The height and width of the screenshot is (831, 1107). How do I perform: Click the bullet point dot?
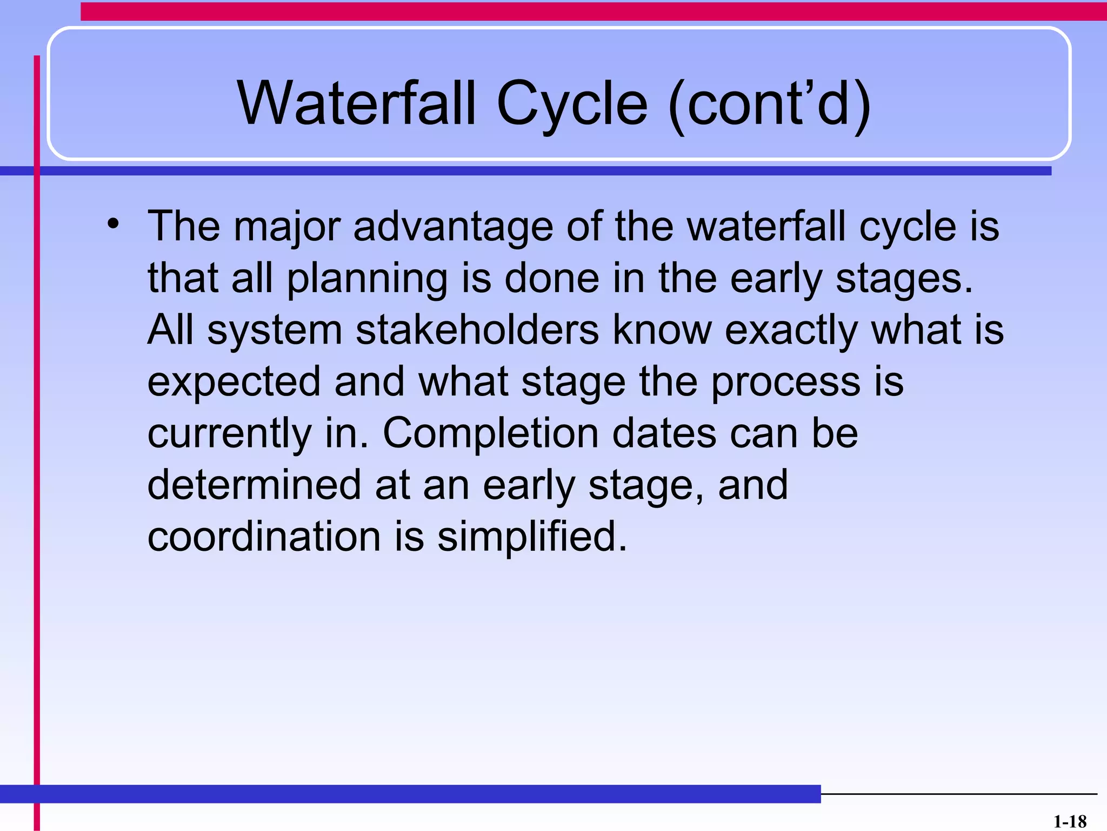pyautogui.click(x=112, y=224)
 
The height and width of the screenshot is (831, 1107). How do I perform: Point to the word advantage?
pyautogui.click(x=453, y=226)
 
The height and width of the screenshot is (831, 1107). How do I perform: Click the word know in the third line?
pyautogui.click(x=662, y=330)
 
